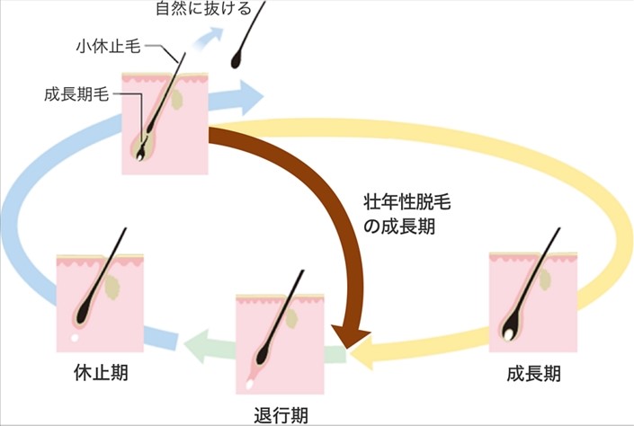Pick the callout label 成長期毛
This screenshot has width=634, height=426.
(76, 94)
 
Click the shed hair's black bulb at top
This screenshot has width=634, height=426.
(237, 61)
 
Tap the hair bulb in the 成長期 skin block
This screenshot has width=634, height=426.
(510, 332)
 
